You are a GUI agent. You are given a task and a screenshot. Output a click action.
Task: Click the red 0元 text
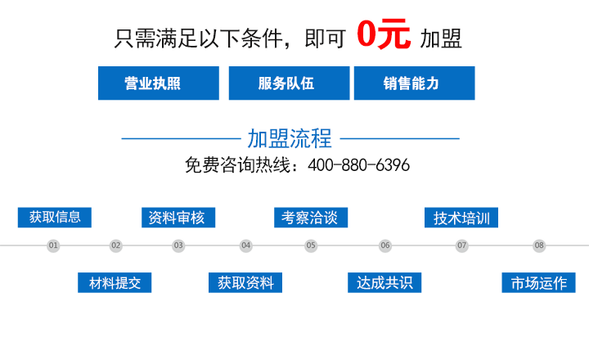point(384,34)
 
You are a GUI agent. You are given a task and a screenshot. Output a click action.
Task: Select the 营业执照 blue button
point(159,83)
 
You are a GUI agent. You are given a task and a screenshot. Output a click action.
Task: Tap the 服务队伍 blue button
point(290,83)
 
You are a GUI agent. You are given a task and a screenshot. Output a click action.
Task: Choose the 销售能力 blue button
point(414,83)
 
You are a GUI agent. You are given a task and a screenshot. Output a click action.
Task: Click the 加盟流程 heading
point(290,138)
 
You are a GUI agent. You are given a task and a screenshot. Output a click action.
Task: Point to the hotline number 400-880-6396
point(359,165)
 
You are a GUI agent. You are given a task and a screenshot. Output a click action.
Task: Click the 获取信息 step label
point(55,217)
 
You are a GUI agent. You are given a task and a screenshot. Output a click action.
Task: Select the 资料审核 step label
point(178,217)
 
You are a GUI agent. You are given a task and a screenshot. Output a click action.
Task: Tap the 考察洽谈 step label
point(311,217)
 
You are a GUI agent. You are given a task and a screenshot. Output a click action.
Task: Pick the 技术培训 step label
point(461,217)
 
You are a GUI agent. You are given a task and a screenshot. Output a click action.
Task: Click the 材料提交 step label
point(115,282)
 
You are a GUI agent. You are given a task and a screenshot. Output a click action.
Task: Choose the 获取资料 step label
point(245,282)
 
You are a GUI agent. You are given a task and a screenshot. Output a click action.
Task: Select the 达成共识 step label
point(384,282)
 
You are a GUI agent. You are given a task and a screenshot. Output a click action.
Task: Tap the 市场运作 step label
point(538,282)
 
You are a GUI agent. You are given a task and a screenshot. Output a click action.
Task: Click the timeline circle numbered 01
point(53,245)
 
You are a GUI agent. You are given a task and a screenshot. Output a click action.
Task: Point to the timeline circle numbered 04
point(246,245)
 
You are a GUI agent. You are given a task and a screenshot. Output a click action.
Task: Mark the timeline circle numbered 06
point(385,245)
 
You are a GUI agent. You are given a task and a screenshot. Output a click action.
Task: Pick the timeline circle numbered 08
point(539,245)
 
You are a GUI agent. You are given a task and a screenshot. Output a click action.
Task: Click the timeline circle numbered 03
point(178,245)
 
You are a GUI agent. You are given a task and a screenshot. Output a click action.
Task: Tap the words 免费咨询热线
point(237,165)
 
